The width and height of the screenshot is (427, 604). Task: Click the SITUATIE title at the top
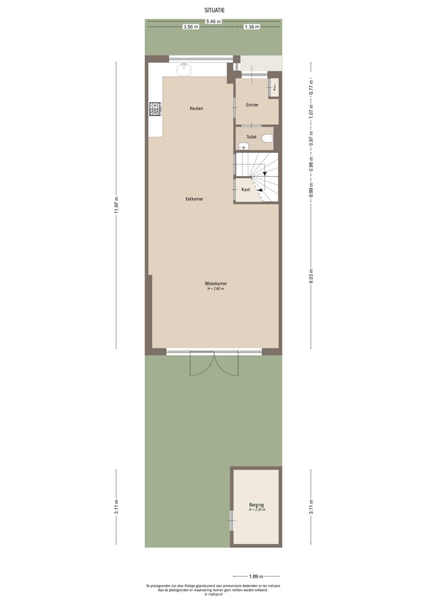[x=214, y=10]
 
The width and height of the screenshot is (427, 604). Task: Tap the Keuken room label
[x=196, y=109]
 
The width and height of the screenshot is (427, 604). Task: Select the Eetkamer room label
[x=195, y=199]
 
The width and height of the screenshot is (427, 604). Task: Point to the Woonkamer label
[x=216, y=283]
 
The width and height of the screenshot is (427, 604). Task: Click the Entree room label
[x=252, y=105]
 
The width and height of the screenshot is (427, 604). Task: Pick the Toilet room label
[x=251, y=137]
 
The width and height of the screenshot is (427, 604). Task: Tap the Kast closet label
[x=246, y=189]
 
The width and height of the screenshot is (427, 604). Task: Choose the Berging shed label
[x=257, y=505]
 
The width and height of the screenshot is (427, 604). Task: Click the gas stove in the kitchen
[x=155, y=109]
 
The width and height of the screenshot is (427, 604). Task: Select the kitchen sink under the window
[x=184, y=68]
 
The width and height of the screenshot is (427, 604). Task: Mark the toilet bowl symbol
[x=267, y=140]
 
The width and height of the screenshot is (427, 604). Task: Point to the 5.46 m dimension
[x=213, y=21]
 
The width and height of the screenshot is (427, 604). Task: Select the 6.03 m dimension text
[x=311, y=276]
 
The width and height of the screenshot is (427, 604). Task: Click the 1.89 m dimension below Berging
[x=256, y=575]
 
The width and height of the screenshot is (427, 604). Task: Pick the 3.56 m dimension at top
[x=190, y=27]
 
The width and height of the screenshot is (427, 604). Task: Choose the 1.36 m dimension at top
[x=251, y=27]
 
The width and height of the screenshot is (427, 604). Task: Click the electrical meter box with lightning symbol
[x=275, y=87]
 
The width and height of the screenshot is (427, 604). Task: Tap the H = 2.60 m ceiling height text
[x=216, y=289]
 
